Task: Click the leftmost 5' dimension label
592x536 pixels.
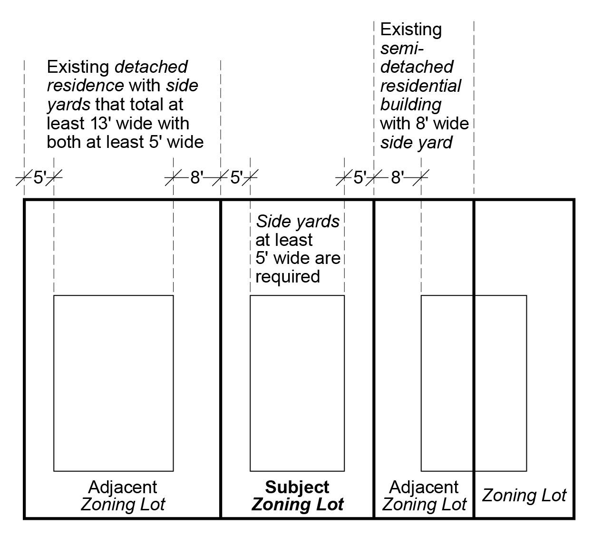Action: (x=39, y=178)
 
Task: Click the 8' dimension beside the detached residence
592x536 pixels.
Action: (x=196, y=178)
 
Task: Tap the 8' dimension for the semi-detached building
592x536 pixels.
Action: (x=397, y=178)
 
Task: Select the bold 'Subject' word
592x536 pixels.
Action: (x=297, y=487)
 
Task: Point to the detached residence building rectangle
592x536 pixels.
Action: (x=113, y=383)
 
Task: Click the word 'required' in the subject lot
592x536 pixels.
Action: (x=287, y=276)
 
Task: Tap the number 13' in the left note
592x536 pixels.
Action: (x=101, y=123)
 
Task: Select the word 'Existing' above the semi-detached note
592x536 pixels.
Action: (x=411, y=29)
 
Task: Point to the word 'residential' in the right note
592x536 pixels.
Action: (x=421, y=86)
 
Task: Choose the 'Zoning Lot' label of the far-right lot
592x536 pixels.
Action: (x=524, y=496)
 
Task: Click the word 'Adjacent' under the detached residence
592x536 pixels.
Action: (x=123, y=487)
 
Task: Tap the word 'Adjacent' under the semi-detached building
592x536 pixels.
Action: (x=424, y=487)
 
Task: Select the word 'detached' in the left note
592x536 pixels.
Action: (x=151, y=67)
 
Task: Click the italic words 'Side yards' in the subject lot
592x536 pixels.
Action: (x=298, y=221)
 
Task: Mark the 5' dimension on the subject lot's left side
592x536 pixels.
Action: (x=236, y=178)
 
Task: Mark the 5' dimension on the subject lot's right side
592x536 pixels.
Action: (x=359, y=178)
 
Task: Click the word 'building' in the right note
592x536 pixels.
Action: (x=410, y=105)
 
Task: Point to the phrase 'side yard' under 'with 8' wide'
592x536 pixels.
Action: (x=416, y=142)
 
